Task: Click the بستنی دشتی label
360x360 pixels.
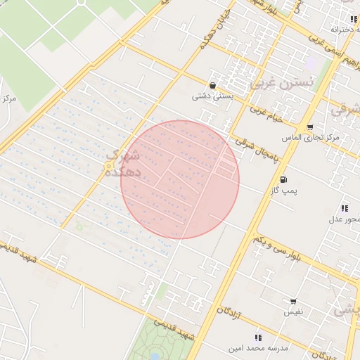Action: click(x=210, y=96)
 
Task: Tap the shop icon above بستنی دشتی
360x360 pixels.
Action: click(x=212, y=85)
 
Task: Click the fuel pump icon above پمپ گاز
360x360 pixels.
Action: click(x=284, y=179)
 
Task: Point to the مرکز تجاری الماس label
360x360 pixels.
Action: click(x=310, y=137)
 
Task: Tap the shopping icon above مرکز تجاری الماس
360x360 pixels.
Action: click(x=310, y=126)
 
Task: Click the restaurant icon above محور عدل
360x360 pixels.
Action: click(x=345, y=208)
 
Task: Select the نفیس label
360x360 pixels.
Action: click(x=293, y=311)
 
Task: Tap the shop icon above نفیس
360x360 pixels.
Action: click(x=292, y=300)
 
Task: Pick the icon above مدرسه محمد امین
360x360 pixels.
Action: click(x=257, y=338)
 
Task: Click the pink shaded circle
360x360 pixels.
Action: click(x=180, y=179)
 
